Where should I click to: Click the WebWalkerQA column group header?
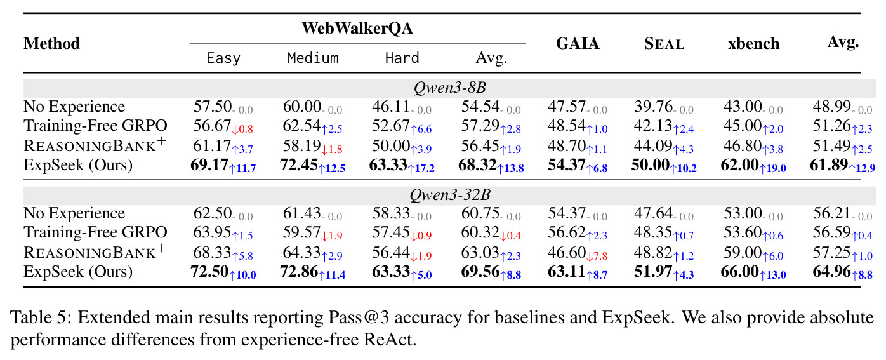(357, 28)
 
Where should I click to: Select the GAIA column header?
(578, 43)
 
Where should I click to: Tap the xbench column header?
(753, 44)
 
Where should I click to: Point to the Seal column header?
(664, 44)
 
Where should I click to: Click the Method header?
(52, 44)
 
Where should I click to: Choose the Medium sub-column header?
(313, 58)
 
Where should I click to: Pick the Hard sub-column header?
(402, 58)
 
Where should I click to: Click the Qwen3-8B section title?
(450, 88)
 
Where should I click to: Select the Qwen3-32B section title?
(450, 195)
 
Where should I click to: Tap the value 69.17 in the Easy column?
(209, 165)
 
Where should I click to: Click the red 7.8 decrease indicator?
(597, 256)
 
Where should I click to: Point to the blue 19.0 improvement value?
(773, 168)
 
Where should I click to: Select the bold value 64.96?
(831, 272)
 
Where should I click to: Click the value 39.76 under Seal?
(654, 107)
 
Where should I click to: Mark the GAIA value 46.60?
(566, 253)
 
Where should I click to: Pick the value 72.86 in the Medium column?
(299, 272)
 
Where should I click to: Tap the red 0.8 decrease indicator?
(242, 129)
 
